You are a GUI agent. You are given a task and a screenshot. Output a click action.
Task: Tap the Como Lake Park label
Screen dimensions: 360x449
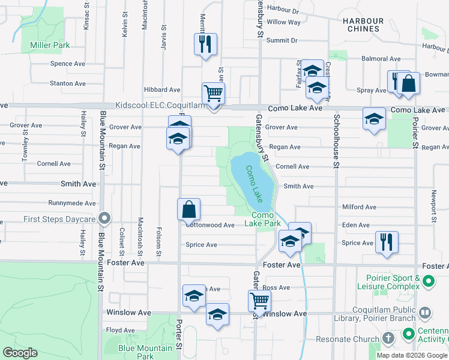tap(262, 219)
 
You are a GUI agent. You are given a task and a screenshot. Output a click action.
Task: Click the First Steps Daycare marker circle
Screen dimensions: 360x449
tap(105, 218)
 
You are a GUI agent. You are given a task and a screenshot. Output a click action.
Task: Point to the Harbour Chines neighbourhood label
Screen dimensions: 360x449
tap(363, 25)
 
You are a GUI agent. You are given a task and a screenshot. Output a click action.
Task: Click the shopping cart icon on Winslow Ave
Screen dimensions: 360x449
tap(259, 300)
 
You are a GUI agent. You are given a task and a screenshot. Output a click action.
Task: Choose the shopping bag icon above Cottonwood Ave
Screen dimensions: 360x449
tap(188, 209)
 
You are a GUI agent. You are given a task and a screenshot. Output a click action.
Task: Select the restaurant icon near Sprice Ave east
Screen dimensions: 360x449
tap(386, 242)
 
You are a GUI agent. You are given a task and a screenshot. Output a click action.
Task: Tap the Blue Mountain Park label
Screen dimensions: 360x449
tap(145, 352)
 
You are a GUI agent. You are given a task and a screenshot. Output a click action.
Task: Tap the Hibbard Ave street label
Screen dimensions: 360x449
tap(162, 89)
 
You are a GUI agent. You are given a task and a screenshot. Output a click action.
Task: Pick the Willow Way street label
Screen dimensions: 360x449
tap(283, 22)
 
